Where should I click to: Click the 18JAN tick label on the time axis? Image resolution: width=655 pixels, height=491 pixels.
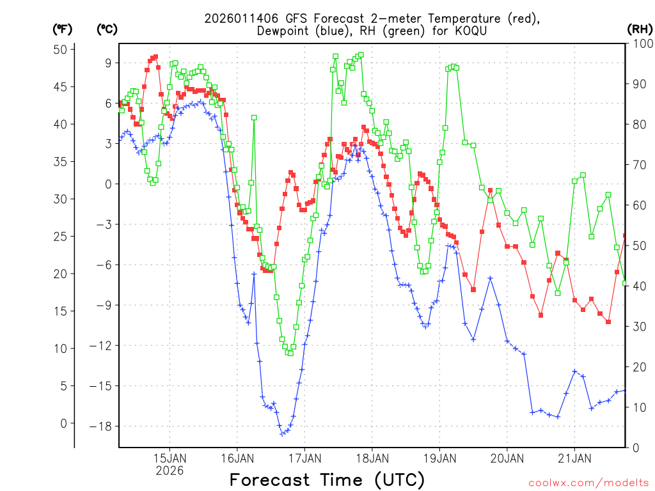[x=372, y=458]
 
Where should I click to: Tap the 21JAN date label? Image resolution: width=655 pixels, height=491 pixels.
[x=574, y=458]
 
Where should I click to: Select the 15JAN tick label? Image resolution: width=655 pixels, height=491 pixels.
[x=170, y=458]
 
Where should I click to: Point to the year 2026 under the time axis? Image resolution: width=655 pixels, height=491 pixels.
[x=170, y=471]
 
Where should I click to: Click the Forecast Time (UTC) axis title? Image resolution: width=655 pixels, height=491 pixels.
[x=327, y=479]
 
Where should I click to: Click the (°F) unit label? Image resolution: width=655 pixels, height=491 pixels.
[x=63, y=29]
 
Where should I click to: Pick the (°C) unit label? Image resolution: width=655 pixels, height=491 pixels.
[x=107, y=29]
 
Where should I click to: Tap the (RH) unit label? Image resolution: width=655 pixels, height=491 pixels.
[x=639, y=29]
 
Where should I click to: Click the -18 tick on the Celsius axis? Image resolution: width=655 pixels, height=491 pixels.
[x=102, y=426]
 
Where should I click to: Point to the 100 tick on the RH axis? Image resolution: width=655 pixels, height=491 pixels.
[x=642, y=43]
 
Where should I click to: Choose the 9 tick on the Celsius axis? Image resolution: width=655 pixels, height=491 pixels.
[x=108, y=63]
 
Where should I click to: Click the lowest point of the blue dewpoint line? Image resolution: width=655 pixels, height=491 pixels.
[x=282, y=434]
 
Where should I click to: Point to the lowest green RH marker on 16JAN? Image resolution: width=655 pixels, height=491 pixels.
[x=290, y=353]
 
